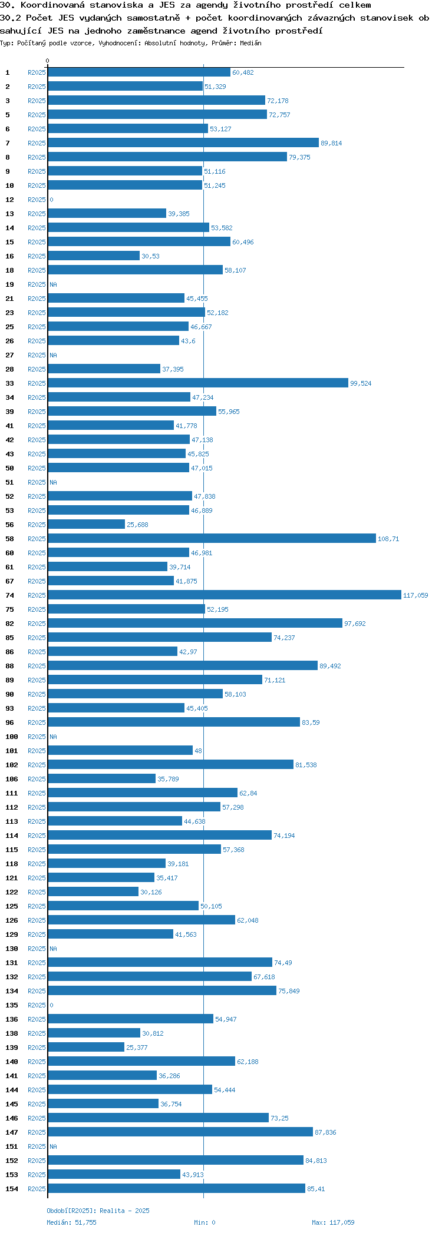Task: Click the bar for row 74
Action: [224, 595]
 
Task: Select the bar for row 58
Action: [212, 539]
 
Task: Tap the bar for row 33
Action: [198, 383]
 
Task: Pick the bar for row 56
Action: [87, 525]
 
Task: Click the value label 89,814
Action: [331, 143]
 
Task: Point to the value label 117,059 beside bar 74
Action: [415, 595]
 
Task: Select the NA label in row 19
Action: [53, 284]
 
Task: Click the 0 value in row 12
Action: [51, 200]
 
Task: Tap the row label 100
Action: [12, 737]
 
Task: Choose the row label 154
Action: [12, 1189]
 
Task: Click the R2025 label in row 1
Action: [37, 72]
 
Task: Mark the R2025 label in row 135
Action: [37, 1005]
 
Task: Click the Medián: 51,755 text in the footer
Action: [71, 1222]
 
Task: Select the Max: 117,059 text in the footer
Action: [333, 1222]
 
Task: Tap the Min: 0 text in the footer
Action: [204, 1222]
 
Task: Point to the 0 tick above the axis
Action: [48, 61]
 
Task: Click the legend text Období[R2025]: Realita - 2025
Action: [98, 1211]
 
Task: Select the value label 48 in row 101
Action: [198, 751]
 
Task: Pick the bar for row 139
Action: [86, 1048]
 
